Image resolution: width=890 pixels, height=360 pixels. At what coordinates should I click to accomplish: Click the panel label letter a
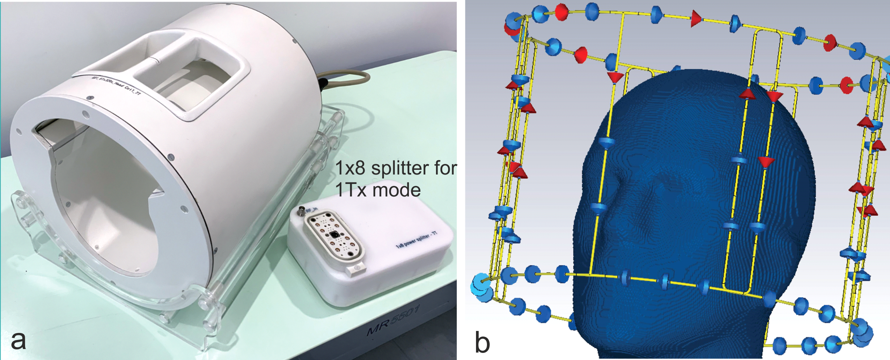click(x=18, y=340)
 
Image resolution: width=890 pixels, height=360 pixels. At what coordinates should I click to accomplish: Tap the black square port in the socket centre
click(x=334, y=235)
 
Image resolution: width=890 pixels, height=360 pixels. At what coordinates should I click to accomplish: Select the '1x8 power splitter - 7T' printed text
click(x=416, y=240)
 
